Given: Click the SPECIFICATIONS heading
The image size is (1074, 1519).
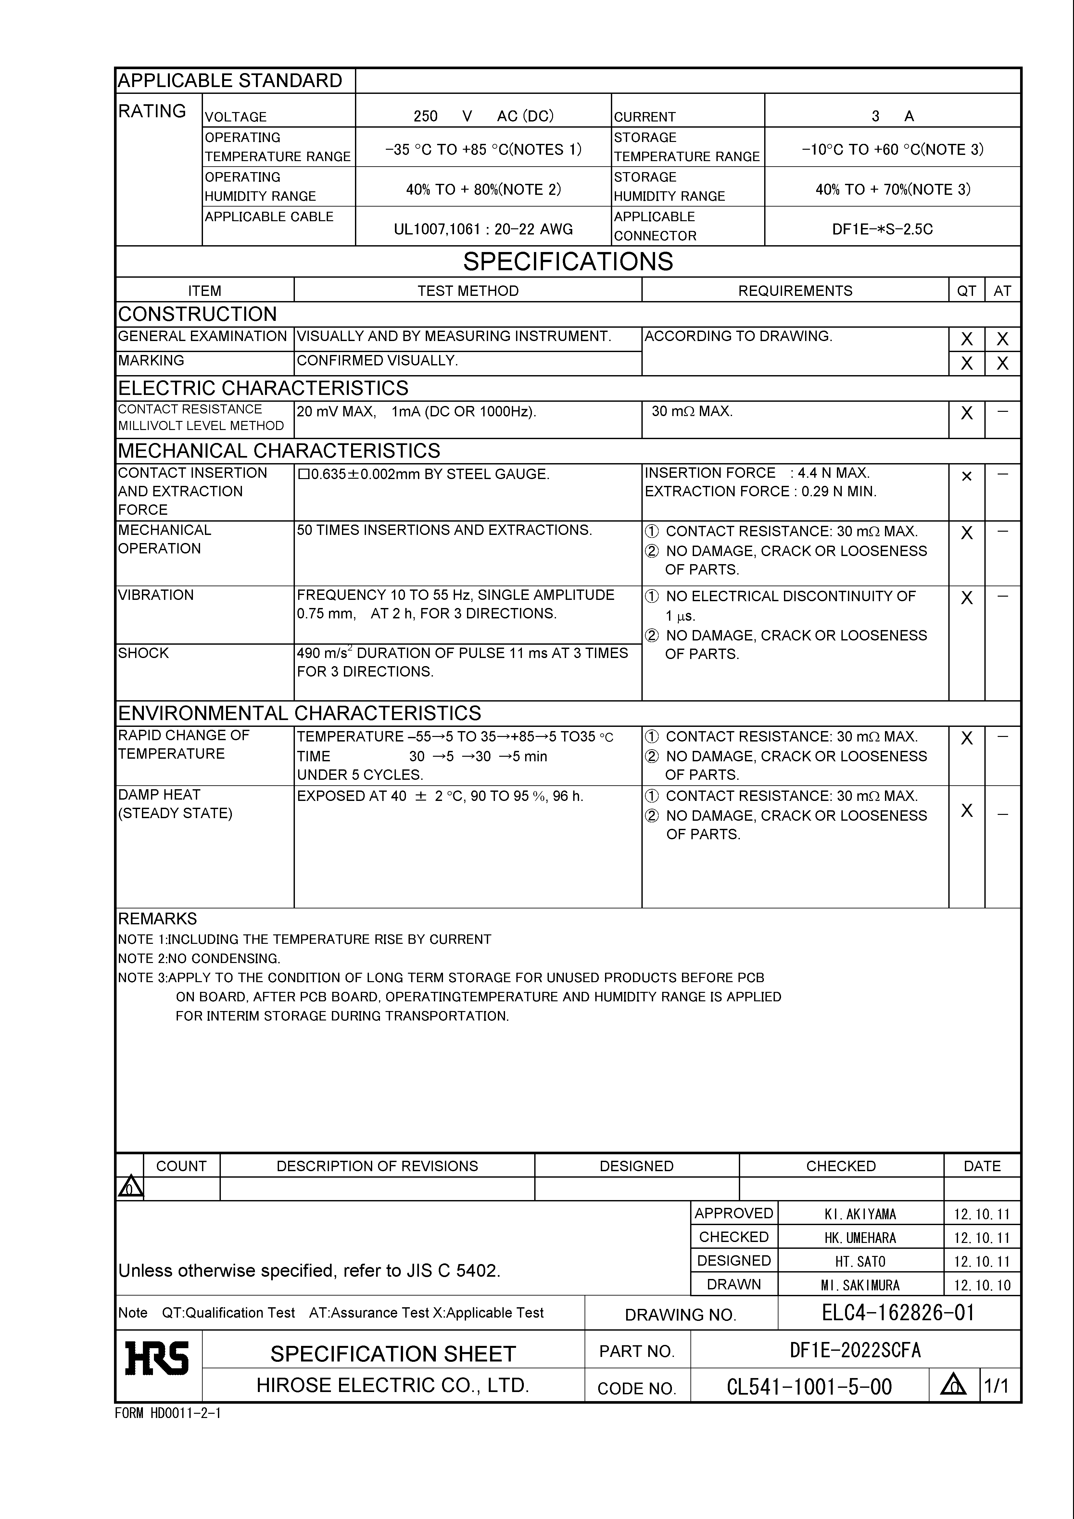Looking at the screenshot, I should point(568,262).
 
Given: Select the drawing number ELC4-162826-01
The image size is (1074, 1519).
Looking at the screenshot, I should point(898,1312).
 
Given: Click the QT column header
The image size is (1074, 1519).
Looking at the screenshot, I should point(966,290).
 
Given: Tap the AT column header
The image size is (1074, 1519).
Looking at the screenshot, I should point(1002,290).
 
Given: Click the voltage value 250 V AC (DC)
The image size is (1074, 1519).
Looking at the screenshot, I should point(483,117).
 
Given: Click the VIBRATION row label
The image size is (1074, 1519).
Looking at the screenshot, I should point(156,595).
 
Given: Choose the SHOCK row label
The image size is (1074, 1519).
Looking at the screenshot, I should point(144,653).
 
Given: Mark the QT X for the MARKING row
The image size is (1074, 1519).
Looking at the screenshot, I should point(966,363).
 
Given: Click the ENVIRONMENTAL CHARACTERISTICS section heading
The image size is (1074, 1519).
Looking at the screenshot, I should point(299,713).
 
